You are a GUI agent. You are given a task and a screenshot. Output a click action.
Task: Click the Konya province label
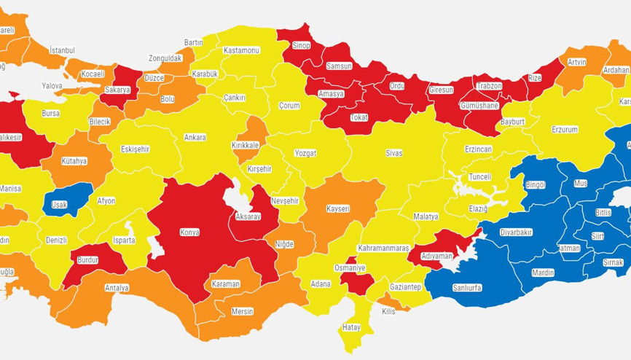(189, 232)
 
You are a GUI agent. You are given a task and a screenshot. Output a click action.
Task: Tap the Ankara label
(195, 137)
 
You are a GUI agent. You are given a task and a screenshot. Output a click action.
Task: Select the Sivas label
(393, 153)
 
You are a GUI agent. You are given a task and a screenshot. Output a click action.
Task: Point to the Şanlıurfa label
(466, 288)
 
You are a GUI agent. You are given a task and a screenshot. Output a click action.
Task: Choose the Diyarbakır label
(516, 232)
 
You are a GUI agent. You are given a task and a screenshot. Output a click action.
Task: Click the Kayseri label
(338, 209)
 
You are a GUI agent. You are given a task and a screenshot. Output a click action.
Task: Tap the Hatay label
(351, 327)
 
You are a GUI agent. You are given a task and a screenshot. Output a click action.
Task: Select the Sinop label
(301, 46)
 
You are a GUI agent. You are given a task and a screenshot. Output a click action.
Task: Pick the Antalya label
(117, 288)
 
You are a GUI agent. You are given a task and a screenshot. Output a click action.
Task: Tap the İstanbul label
(62, 50)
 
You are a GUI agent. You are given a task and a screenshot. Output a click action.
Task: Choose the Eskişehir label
(135, 149)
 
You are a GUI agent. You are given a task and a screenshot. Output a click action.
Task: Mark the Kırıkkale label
(246, 145)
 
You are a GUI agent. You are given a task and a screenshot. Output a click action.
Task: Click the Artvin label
(576, 62)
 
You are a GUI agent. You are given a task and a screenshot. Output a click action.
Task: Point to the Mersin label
(242, 311)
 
